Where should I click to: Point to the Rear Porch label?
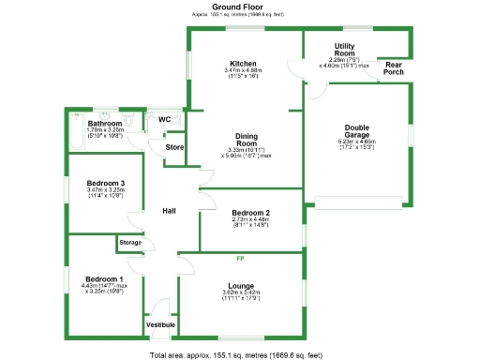click(x=394, y=69)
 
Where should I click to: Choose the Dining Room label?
click(x=247, y=142)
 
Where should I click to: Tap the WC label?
click(x=164, y=120)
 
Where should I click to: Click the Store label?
click(x=174, y=147)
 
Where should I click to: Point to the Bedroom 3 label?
click(x=106, y=183)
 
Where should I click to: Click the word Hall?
click(x=170, y=211)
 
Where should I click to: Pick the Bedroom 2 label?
click(x=250, y=213)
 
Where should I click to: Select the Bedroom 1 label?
click(x=104, y=279)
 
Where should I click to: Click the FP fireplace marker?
click(x=240, y=257)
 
